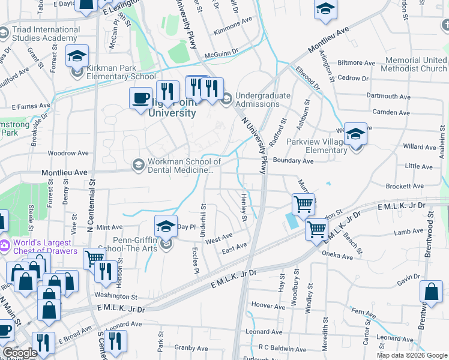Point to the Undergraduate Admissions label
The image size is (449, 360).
click(x=263, y=100)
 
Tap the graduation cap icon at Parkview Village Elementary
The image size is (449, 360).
click(x=355, y=134)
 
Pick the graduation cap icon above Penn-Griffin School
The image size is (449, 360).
click(x=166, y=226)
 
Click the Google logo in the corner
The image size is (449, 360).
click(x=19, y=353)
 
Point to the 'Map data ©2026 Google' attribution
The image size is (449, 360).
click(x=411, y=355)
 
